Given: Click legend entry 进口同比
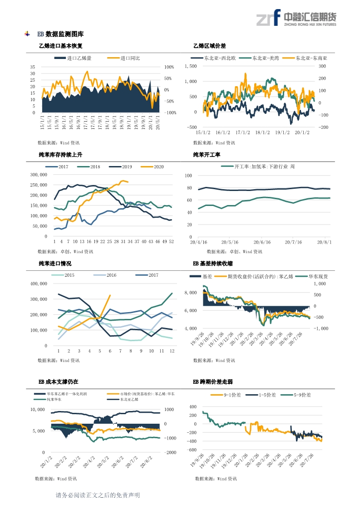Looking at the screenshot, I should [x=130, y=58].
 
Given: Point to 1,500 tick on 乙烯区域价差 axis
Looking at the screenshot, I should [x=191, y=66].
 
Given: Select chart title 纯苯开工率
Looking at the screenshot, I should [x=207, y=155].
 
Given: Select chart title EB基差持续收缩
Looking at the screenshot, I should [x=213, y=264].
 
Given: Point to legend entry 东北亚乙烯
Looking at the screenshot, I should [x=129, y=400].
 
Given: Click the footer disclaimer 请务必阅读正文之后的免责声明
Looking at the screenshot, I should [x=97, y=495].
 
